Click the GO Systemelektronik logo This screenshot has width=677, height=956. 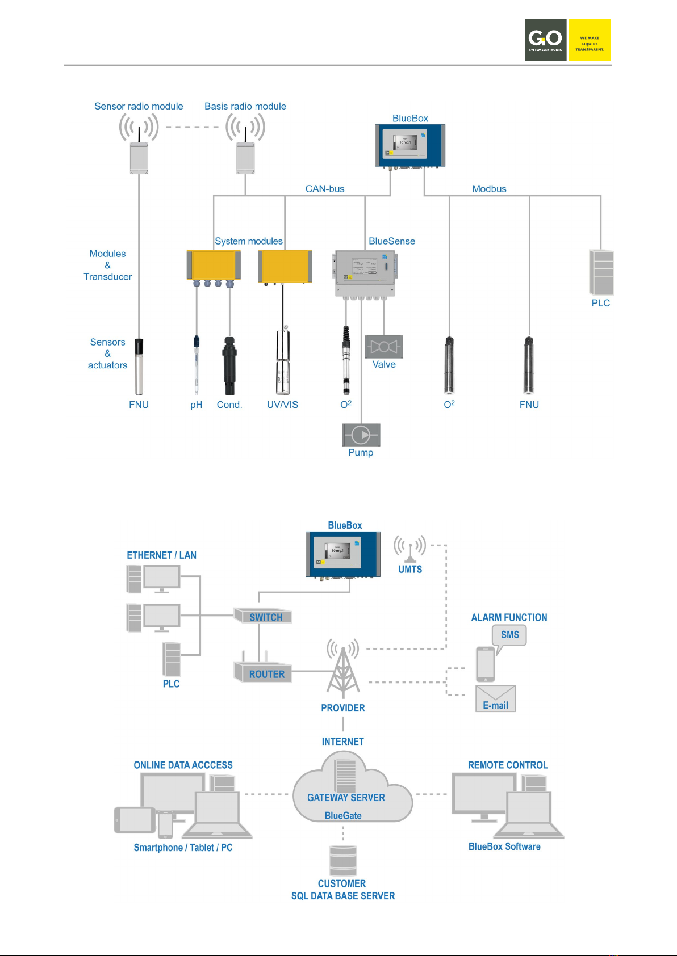[567, 40]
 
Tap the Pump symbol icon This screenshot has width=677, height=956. [361, 435]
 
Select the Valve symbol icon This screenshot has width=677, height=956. [384, 347]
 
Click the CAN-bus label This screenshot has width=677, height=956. [325, 189]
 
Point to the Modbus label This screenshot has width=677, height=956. [489, 189]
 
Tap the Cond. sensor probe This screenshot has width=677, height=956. [229, 366]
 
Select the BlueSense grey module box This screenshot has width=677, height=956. [365, 273]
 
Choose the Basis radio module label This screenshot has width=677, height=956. [245, 106]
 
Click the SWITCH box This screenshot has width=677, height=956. [263, 616]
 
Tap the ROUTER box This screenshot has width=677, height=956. [263, 673]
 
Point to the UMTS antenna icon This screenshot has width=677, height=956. [409, 549]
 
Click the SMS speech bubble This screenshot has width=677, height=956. [509, 635]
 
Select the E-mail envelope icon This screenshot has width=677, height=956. [495, 698]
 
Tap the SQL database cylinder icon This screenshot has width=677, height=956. [343, 861]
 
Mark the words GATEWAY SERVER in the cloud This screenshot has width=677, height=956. [346, 798]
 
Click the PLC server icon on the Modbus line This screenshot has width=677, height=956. [601, 272]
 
